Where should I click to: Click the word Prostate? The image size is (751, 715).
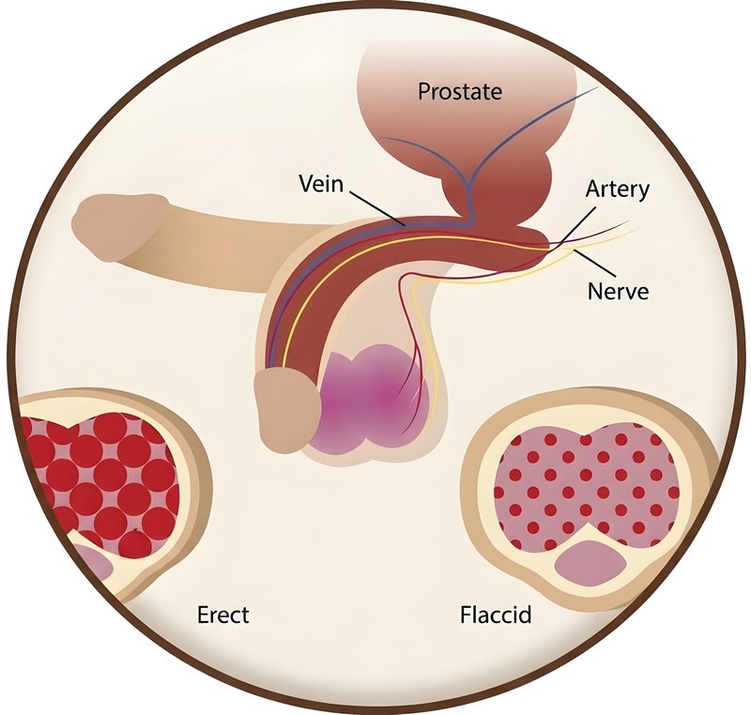[460, 92]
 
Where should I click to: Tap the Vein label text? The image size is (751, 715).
[321, 183]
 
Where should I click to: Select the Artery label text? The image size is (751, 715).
[618, 190]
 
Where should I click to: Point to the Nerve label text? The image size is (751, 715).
[619, 291]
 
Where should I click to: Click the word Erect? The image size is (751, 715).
[223, 615]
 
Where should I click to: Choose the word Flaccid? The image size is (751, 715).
[496, 615]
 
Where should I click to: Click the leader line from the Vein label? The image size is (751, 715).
[378, 208]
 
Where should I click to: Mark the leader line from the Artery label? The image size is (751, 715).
[576, 227]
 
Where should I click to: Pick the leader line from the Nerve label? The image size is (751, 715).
[594, 263]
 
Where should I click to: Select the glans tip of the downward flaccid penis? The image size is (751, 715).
[286, 408]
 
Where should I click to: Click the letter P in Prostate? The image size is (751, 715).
[424, 91]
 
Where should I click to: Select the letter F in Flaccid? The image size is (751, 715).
[466, 615]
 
